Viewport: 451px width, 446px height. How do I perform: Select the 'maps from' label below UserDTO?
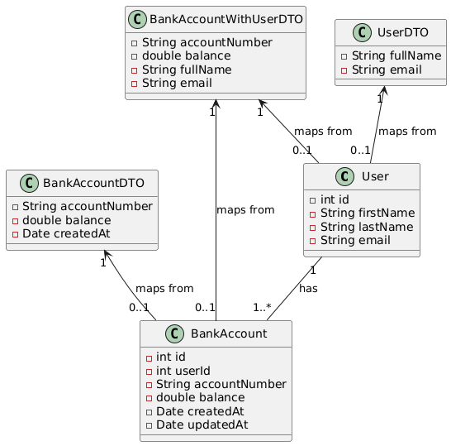click(407, 131)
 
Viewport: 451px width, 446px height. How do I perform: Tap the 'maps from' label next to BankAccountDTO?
click(164, 288)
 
